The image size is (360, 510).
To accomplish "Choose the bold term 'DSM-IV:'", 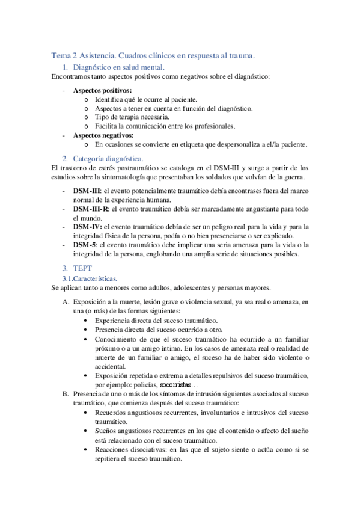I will (x=88, y=226).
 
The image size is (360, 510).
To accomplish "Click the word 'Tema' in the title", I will (x=61, y=55).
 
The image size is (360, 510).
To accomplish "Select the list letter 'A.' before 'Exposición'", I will (x=66, y=301).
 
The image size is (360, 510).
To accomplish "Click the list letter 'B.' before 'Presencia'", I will (x=66, y=393).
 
